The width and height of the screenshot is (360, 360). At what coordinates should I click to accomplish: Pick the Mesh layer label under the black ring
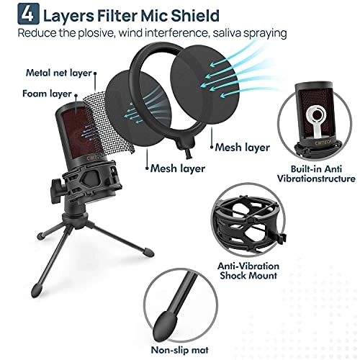point(243,147)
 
